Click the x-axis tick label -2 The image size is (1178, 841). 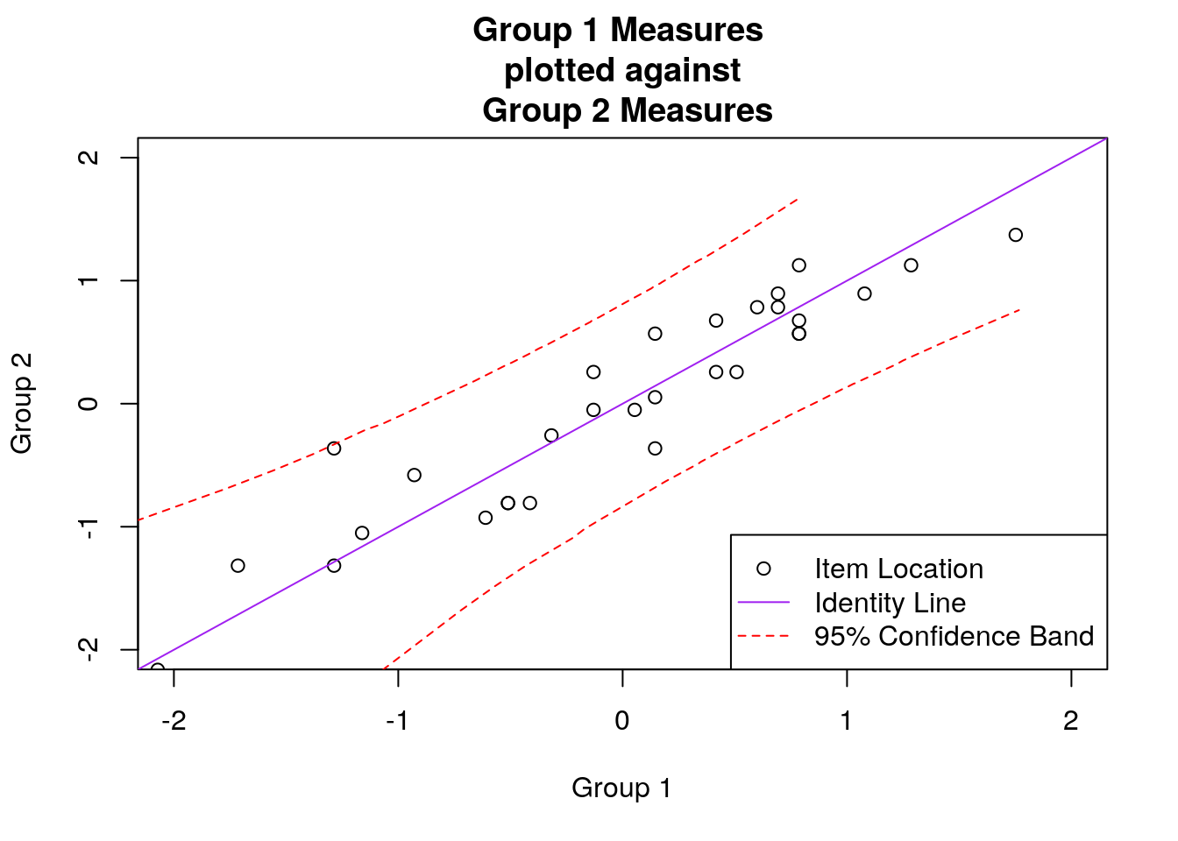pyautogui.click(x=173, y=721)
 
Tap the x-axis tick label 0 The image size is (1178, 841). pyautogui.click(x=622, y=721)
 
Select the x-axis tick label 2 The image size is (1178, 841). pyautogui.click(x=1070, y=721)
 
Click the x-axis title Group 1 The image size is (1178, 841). pyautogui.click(x=621, y=788)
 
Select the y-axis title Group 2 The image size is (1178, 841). pyautogui.click(x=22, y=403)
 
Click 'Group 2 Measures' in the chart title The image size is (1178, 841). pyautogui.click(x=627, y=110)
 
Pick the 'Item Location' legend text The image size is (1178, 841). pyautogui.click(x=898, y=569)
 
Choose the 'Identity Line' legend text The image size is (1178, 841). pyautogui.click(x=890, y=603)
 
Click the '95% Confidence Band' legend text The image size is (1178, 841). pyautogui.click(x=954, y=636)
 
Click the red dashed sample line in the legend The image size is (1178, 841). pyautogui.click(x=763, y=636)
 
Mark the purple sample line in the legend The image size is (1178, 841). pyautogui.click(x=763, y=603)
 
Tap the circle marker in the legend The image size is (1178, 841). pyautogui.click(x=763, y=569)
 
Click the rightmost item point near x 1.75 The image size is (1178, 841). pyautogui.click(x=1015, y=235)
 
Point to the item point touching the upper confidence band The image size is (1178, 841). pyautogui.click(x=334, y=449)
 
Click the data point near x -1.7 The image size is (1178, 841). pyautogui.click(x=238, y=566)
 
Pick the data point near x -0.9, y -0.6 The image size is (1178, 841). pyautogui.click(x=415, y=475)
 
